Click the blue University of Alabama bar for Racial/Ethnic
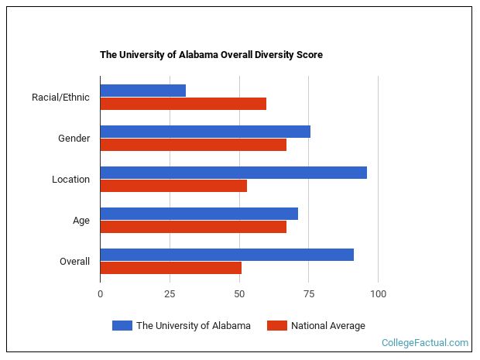pos(143,91)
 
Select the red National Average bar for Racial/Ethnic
pos(183,104)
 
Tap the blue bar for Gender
pos(205,132)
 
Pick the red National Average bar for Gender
pos(194,145)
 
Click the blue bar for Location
pos(233,173)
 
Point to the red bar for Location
pos(173,186)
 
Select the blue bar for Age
pos(199,214)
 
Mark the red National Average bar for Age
pos(194,227)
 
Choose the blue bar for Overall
pos(227,255)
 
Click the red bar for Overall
pos(171,268)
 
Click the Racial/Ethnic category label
pos(60,98)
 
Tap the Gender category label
pos(74,139)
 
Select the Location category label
pos(70,180)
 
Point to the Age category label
pos(81,221)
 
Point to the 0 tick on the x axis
pos(100,294)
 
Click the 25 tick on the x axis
pos(170,294)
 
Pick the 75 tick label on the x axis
pos(308,294)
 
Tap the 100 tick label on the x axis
pos(378,294)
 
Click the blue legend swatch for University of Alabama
pos(122,326)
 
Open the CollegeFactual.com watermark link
pos(425,342)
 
